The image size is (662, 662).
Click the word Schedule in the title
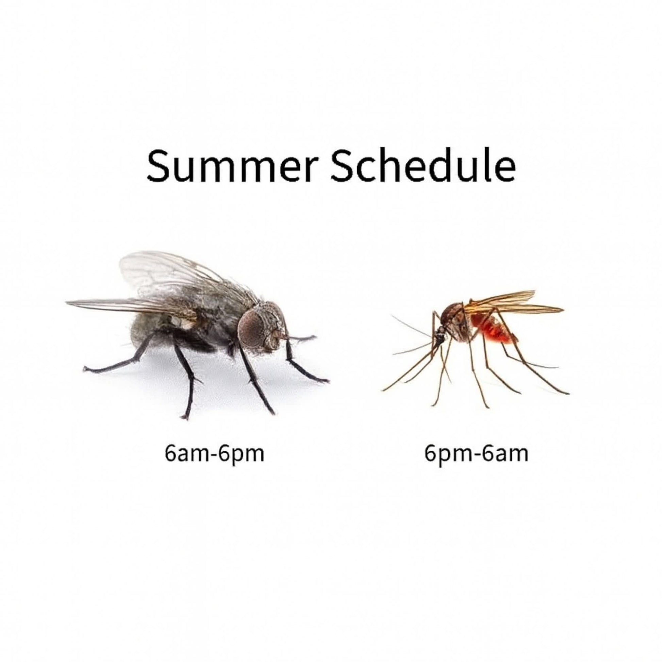(423, 164)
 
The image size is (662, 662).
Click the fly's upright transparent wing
(171, 274)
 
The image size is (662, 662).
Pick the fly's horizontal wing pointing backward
(130, 305)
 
